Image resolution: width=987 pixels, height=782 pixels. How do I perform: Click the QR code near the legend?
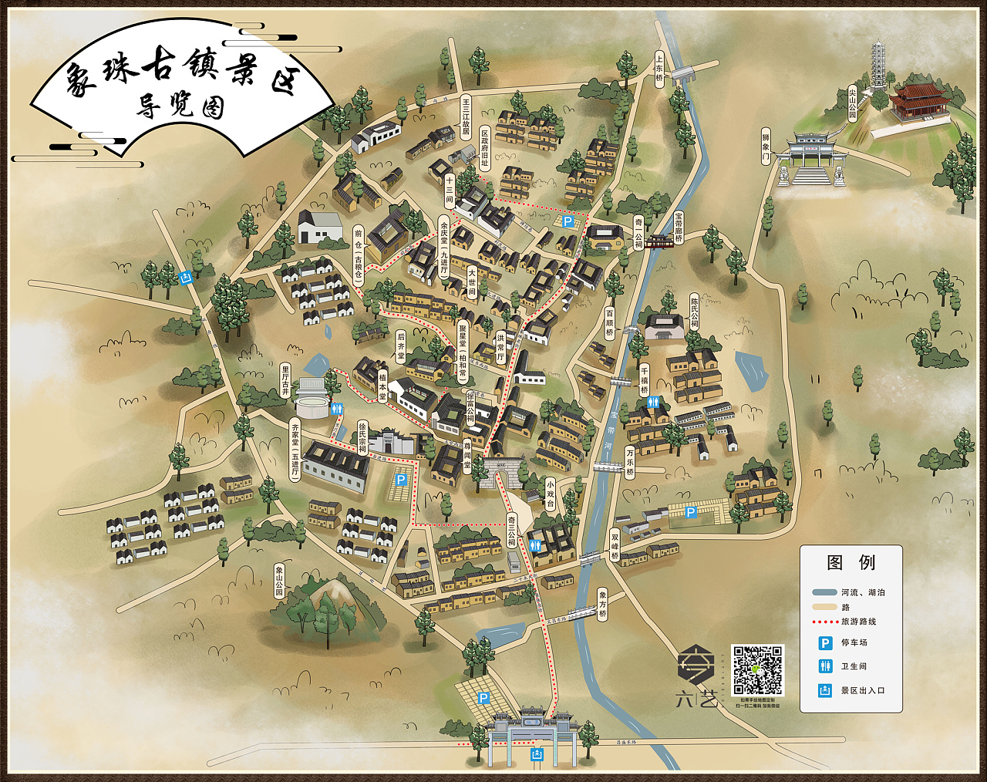757,670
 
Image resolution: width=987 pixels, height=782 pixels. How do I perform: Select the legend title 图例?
851,562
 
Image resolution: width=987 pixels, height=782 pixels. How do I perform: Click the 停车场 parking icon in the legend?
825,642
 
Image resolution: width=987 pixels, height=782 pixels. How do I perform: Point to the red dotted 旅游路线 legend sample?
825,621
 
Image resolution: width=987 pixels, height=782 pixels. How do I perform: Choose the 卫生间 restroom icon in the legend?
825,666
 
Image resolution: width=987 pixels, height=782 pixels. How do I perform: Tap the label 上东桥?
659,70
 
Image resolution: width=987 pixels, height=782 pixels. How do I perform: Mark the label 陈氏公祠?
693,310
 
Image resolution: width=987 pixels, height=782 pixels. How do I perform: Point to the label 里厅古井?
285,380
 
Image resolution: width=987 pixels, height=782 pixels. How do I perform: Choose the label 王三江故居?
465,116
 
